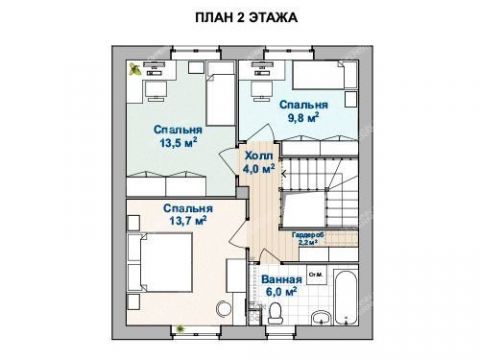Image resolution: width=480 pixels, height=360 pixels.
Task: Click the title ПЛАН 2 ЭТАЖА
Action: pyautogui.click(x=241, y=18)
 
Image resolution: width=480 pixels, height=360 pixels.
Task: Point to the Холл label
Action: pyautogui.click(x=258, y=156)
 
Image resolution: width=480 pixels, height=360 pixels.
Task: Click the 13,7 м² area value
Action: pyautogui.click(x=187, y=220)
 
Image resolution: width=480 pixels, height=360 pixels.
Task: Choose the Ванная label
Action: pyautogui.click(x=280, y=279)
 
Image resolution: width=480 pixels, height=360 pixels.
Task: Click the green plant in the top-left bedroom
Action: pyautogui.click(x=134, y=70)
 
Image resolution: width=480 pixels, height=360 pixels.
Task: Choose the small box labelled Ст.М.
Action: pyautogui.click(x=314, y=274)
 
